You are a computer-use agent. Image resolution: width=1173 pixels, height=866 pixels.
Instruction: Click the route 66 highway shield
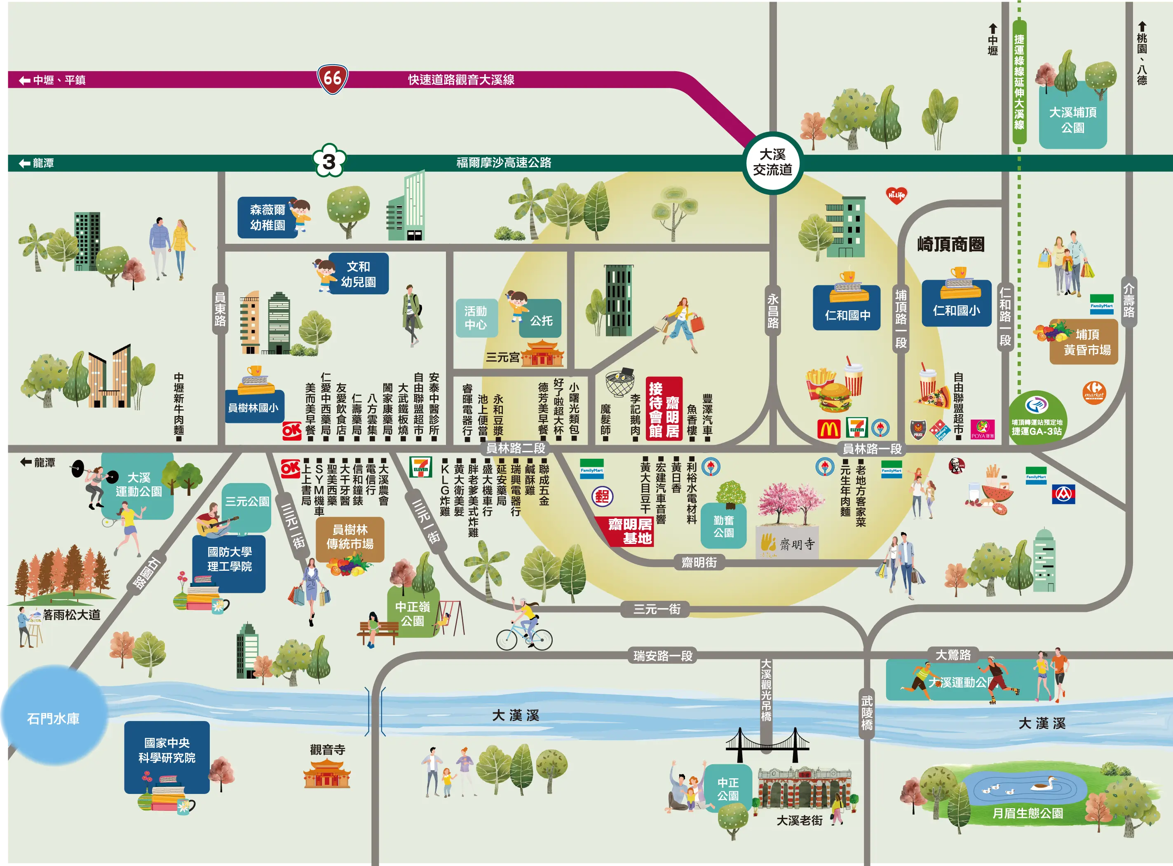[333, 79]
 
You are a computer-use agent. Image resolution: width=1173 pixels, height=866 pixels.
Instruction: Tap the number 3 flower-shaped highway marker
[329, 161]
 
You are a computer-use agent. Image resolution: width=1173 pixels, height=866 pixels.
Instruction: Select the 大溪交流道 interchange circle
[772, 163]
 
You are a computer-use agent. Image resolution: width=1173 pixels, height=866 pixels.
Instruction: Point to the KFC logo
[957, 465]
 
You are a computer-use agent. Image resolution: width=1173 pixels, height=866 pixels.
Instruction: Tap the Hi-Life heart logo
[896, 196]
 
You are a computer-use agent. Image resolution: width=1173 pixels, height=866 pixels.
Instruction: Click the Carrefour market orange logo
[1094, 392]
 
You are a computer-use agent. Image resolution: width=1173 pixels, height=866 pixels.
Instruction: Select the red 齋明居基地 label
[629, 531]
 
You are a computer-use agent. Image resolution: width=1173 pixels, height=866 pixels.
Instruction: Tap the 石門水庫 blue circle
[54, 717]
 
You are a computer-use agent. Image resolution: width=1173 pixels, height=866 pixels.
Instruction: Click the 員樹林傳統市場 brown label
[350, 538]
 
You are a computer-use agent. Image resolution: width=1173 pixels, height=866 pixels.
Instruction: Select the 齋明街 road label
[699, 563]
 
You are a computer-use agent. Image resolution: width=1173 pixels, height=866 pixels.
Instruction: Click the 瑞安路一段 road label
[663, 655]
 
